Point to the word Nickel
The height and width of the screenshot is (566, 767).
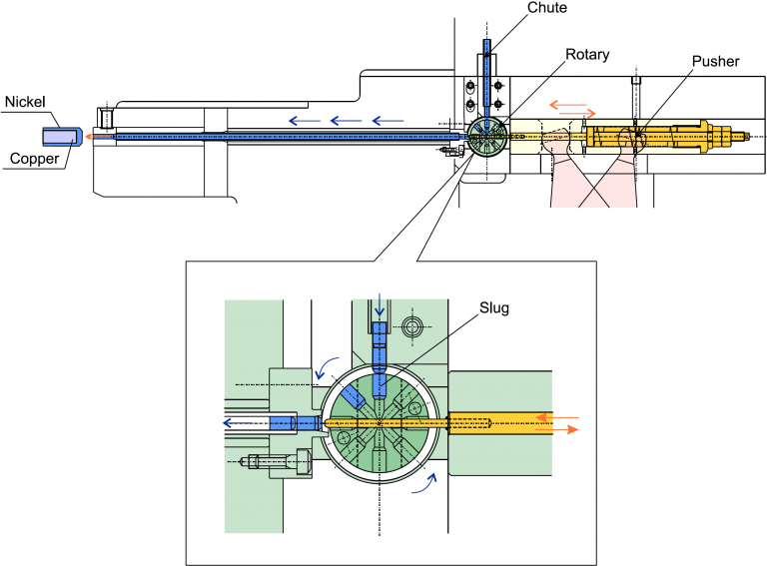point(25,102)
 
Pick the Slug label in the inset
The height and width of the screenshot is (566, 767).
point(494,308)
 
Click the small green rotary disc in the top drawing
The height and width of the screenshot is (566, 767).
point(486,136)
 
